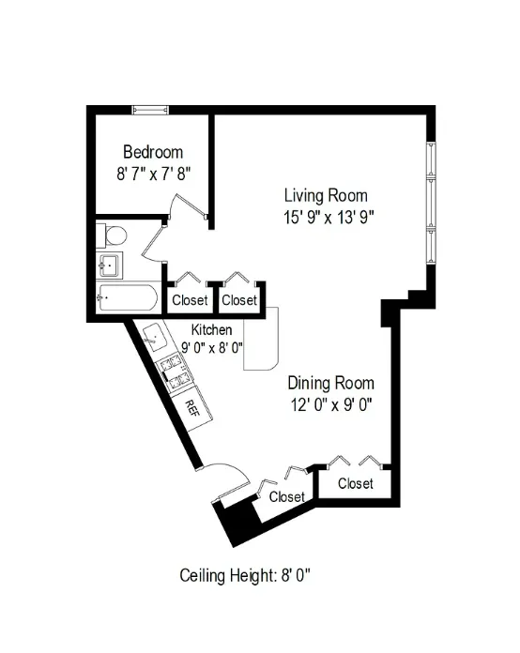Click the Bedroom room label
(x=153, y=152)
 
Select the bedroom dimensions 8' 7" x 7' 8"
(x=153, y=173)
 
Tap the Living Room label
(x=326, y=195)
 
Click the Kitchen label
(x=212, y=330)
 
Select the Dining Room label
(x=330, y=383)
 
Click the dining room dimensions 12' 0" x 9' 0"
(x=330, y=405)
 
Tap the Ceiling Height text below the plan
(x=245, y=575)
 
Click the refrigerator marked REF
(x=191, y=408)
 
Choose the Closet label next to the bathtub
(x=190, y=300)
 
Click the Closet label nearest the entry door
(x=287, y=496)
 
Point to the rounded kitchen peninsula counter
(x=260, y=342)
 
